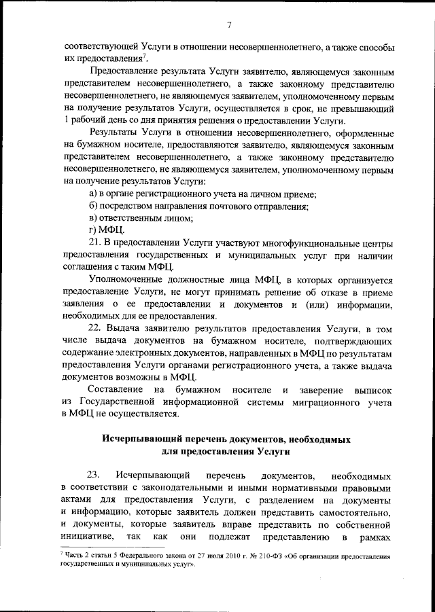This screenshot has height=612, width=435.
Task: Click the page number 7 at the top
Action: pyautogui.click(x=230, y=25)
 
